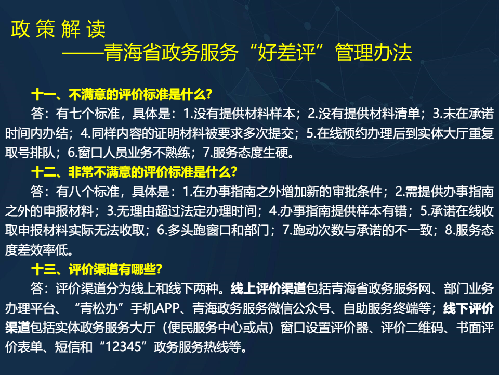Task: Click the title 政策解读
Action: pos(58,29)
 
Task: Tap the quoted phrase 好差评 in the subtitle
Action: pos(286,52)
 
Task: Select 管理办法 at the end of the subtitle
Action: pos(373,52)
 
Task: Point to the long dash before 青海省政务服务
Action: pos(83,53)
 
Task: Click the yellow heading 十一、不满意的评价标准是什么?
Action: pos(122,94)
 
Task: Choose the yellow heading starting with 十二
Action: pos(134,172)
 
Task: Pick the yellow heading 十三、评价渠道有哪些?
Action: pos(97,269)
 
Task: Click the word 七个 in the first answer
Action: pos(81,114)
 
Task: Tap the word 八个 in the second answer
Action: pos(81,192)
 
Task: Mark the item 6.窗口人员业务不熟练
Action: pos(129,153)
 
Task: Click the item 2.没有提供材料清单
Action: pos(363,114)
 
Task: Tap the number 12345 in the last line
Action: pos(123,347)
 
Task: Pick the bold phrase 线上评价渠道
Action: pos(268,289)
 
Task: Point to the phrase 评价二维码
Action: pos(412,328)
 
